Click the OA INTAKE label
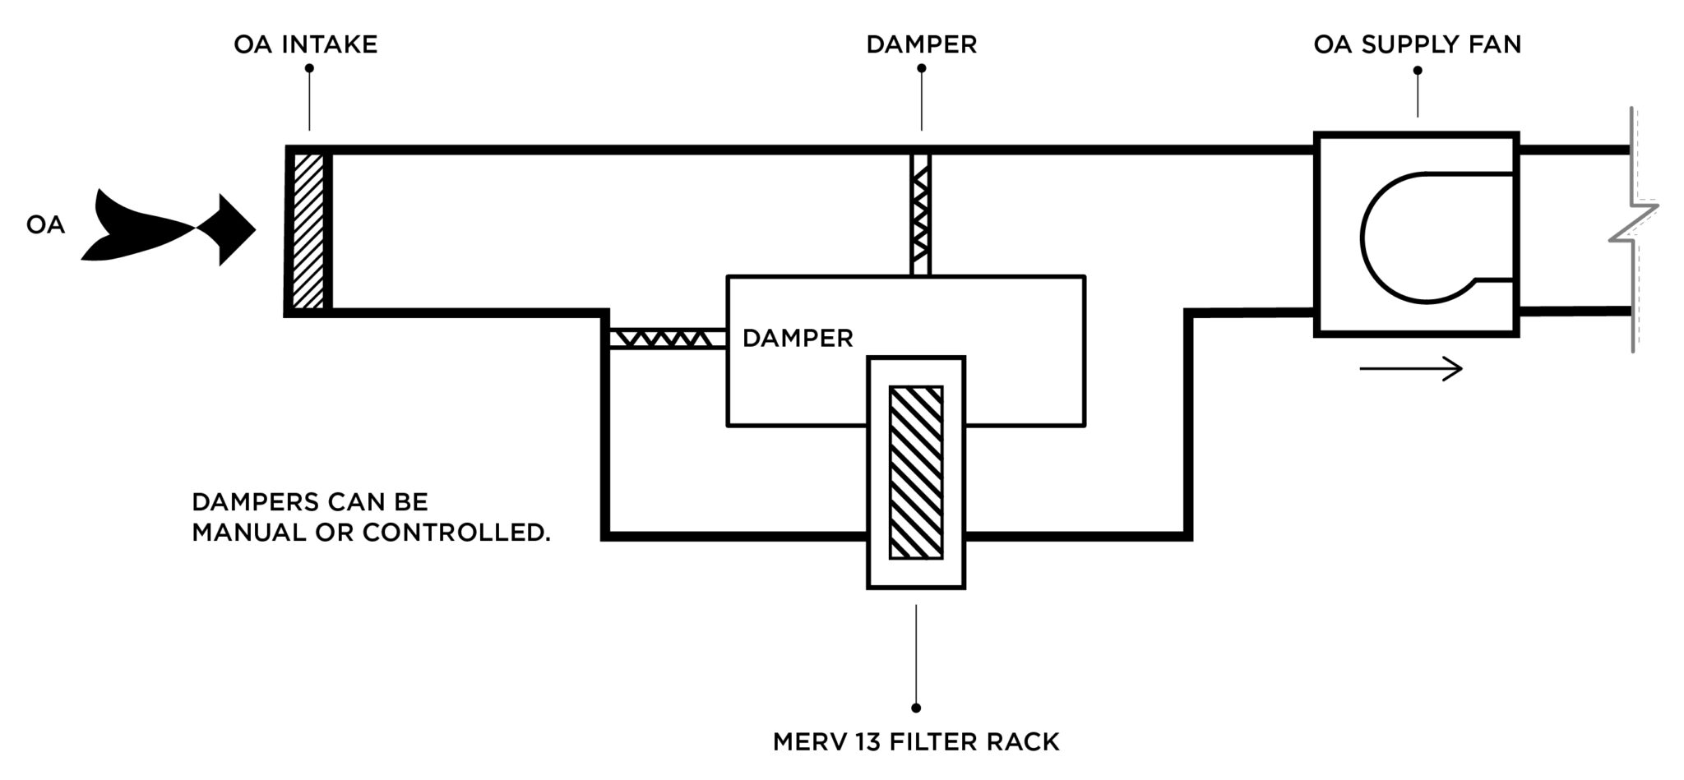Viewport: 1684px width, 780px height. tap(305, 44)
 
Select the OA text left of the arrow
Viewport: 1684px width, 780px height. tap(45, 225)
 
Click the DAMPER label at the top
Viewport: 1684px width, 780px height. tap(921, 44)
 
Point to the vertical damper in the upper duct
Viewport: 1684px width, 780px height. tap(921, 214)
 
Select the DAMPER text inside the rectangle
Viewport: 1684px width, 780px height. tap(797, 338)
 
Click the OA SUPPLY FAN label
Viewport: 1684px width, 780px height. tap(1417, 44)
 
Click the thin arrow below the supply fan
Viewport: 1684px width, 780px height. tap(1411, 369)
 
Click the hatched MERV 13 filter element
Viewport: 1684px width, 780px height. tap(915, 472)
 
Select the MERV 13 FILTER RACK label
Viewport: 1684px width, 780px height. tap(915, 742)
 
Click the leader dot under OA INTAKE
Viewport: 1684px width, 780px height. tap(309, 69)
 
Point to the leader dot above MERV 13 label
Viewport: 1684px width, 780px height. tap(916, 708)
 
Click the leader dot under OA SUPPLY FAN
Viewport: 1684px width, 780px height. tap(1418, 70)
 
